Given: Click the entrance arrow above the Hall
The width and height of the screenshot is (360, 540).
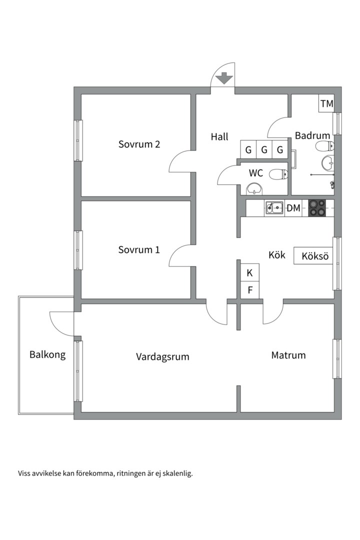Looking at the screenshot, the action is point(224,78).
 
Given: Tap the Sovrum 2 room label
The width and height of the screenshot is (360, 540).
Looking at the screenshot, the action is point(139,144).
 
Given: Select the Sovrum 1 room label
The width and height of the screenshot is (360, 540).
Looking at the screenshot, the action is point(139,249).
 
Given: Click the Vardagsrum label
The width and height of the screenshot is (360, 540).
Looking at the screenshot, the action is point(162,356).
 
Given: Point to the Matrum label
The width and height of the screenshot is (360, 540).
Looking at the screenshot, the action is point(288,355).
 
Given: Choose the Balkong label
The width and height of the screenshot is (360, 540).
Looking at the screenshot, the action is point(47,354).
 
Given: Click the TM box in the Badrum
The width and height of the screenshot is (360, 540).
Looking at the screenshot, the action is point(326,103).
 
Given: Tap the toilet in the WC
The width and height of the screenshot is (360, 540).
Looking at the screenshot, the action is point(278,174).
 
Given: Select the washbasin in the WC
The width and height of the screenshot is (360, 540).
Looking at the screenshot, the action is point(254,188).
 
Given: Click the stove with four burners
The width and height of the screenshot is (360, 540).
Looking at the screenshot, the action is point(316,208).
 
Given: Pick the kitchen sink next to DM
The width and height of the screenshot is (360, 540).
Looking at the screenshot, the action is point(274,208).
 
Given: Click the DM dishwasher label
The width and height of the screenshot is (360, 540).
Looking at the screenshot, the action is point(293,208).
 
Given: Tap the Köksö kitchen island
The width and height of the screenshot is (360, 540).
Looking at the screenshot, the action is point(313,256).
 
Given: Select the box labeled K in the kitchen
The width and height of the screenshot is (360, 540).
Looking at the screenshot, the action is point(250,273).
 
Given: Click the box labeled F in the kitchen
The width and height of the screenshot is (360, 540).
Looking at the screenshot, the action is point(250,290).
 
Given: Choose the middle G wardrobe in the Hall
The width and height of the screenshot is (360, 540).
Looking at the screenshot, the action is point(264,150).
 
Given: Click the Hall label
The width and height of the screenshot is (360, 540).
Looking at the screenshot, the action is point(219,136).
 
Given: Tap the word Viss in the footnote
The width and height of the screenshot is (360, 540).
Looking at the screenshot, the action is point(24,473).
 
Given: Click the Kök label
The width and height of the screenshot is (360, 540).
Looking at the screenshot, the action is point(277,255).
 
